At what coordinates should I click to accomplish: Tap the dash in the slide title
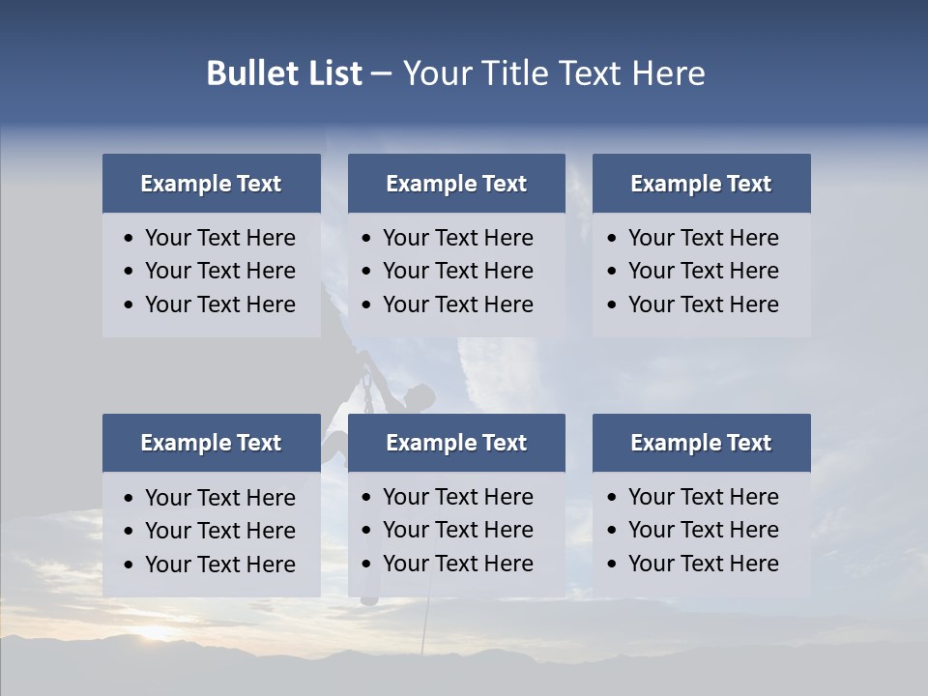pyautogui.click(x=381, y=73)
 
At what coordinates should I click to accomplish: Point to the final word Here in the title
pyautogui.click(x=668, y=73)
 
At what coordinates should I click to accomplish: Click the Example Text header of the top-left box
pyautogui.click(x=211, y=184)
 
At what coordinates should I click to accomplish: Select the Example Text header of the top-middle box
pyautogui.click(x=456, y=184)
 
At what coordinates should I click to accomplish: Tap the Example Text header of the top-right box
pyautogui.click(x=701, y=184)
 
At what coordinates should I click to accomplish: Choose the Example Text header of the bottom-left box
pyautogui.click(x=211, y=443)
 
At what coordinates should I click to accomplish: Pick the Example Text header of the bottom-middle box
pyautogui.click(x=456, y=443)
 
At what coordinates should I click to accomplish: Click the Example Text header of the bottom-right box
pyautogui.click(x=701, y=443)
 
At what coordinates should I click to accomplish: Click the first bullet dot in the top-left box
pyautogui.click(x=130, y=239)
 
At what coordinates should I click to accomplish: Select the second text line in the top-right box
pyautogui.click(x=703, y=271)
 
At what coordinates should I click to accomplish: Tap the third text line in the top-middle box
pyautogui.click(x=457, y=304)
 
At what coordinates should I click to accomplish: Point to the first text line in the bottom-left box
pyautogui.click(x=219, y=498)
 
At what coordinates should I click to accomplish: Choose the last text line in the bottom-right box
pyautogui.click(x=703, y=564)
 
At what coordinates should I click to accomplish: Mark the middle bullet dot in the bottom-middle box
pyautogui.click(x=366, y=531)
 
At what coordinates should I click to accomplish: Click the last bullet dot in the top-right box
pyautogui.click(x=612, y=305)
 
